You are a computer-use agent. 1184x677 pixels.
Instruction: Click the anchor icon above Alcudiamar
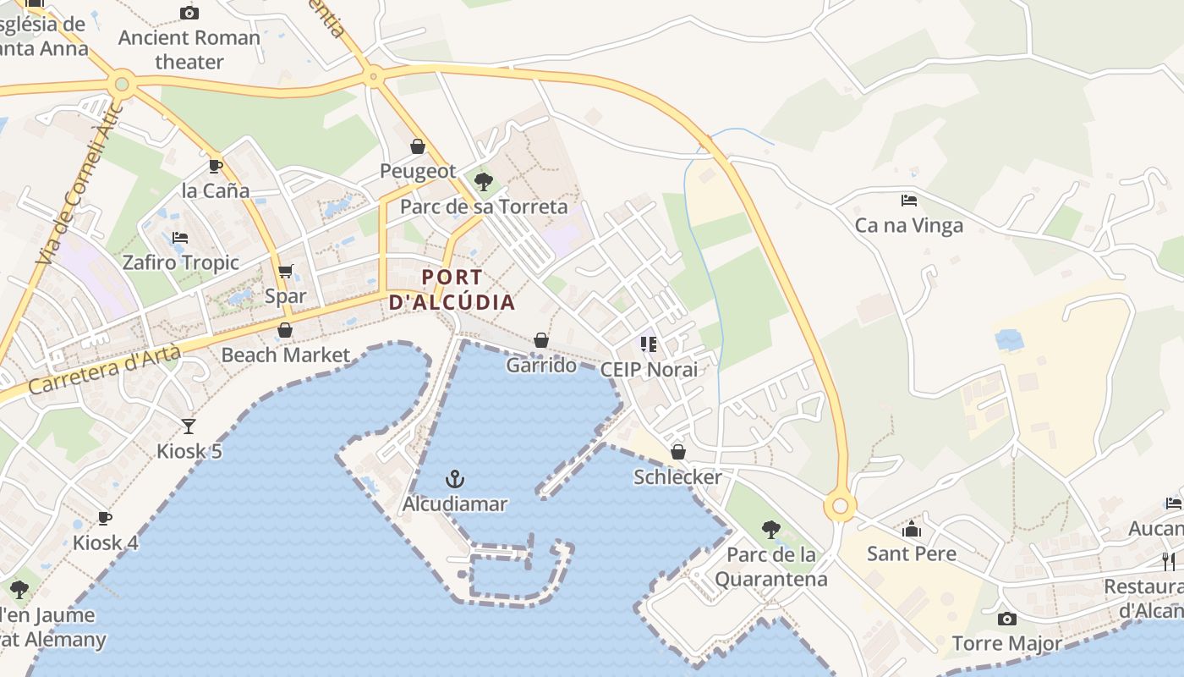[x=455, y=480]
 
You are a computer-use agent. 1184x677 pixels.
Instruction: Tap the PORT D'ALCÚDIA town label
[x=452, y=289]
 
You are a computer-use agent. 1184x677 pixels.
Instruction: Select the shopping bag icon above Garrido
[x=541, y=340]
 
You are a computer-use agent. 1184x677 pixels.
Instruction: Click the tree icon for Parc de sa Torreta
[x=484, y=181]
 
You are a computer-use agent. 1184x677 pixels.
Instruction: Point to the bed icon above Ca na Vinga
[x=909, y=201]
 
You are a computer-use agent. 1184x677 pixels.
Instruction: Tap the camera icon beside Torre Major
[x=1006, y=619]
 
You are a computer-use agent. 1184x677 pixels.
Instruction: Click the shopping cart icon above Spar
[x=286, y=272]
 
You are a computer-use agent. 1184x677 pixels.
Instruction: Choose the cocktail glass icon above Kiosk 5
[x=189, y=426]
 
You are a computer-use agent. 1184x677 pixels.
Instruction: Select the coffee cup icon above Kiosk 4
[x=105, y=517]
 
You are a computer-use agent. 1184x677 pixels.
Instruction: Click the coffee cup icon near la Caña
[x=215, y=165]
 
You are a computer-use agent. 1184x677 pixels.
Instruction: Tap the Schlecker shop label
[x=678, y=477]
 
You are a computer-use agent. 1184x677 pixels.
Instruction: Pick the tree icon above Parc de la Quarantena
[x=770, y=530]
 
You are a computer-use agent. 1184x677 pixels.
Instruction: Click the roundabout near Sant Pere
[x=840, y=507]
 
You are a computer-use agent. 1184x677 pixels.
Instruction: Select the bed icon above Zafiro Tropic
[x=180, y=238]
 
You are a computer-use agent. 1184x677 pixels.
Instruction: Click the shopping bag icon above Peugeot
[x=417, y=146]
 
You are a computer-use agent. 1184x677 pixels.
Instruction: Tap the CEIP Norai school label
[x=649, y=370]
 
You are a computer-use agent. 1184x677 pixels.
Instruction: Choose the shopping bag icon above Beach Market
[x=285, y=330]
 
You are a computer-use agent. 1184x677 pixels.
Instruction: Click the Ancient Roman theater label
[x=189, y=50]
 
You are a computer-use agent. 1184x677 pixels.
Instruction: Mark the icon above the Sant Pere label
[x=912, y=530]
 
